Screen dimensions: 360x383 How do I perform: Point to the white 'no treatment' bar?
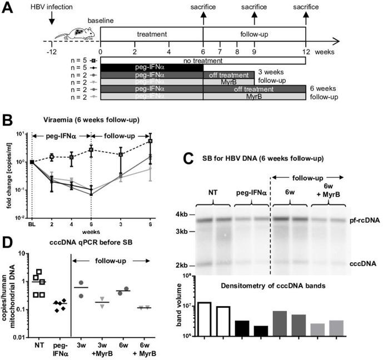[203, 60]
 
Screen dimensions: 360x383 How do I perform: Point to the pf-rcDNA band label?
[361, 221]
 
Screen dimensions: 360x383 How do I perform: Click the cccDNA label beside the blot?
[361, 264]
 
